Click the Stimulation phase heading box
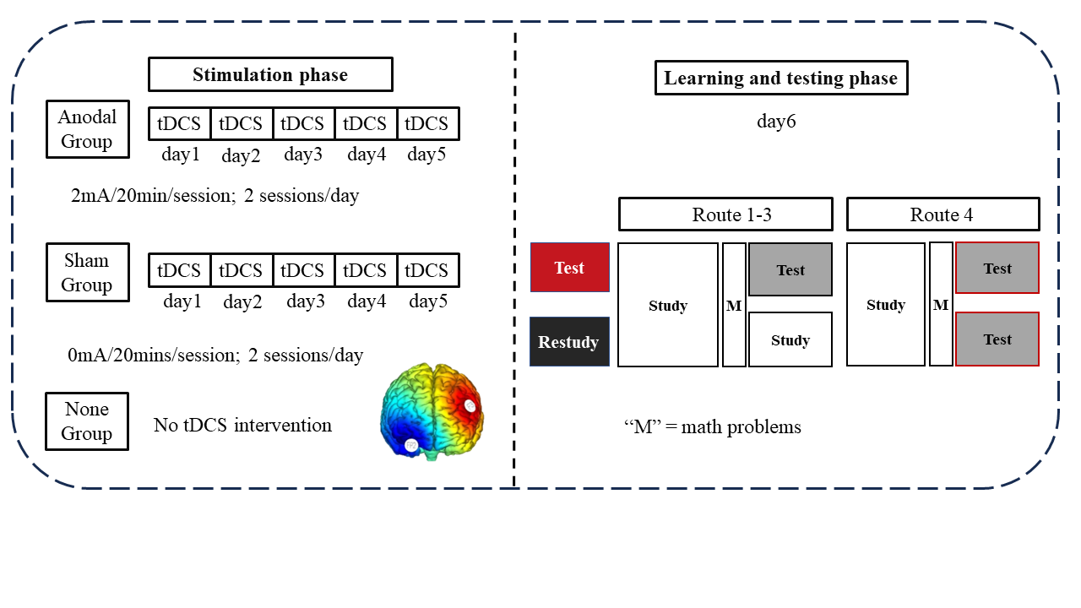point(270,74)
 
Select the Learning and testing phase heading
point(780,79)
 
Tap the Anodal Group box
point(87,129)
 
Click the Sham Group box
point(87,273)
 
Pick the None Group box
point(87,421)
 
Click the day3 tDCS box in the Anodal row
point(303,123)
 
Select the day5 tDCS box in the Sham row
point(427,270)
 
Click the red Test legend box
point(569,268)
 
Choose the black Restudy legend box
point(569,342)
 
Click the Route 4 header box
point(942,214)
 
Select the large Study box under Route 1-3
point(668,306)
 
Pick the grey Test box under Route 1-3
point(790,270)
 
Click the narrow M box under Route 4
point(941,305)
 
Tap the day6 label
point(776,121)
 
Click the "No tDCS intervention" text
point(242,425)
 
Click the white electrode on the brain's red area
point(470,406)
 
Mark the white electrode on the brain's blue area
point(411,444)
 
